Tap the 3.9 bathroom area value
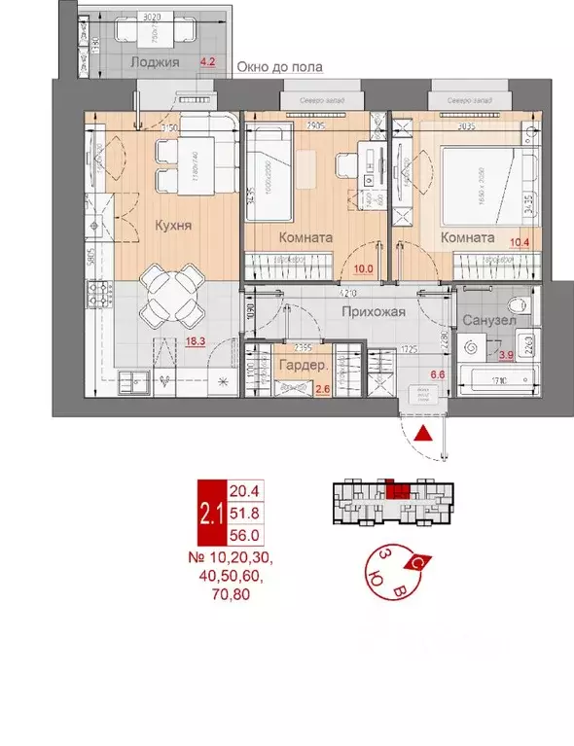(507, 356)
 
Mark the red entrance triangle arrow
(424, 435)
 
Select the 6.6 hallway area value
(436, 373)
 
